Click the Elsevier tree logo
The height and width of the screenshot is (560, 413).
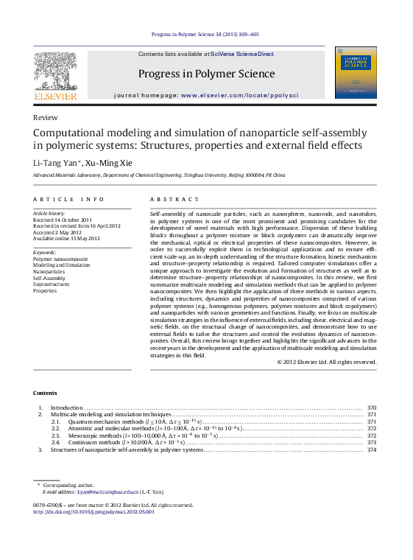55,74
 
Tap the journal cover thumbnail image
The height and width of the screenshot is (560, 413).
355,72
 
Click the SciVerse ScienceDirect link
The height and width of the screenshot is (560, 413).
241,55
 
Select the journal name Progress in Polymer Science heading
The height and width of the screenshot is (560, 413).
206,74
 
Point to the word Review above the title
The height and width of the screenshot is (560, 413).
46,118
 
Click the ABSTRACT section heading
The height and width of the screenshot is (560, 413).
174,200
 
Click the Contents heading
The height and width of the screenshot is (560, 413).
45,392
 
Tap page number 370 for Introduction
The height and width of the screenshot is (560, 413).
372,407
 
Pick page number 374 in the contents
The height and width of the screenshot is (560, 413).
372,449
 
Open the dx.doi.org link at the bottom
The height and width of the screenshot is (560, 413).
93,511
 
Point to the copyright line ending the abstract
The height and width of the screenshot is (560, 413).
327,362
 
